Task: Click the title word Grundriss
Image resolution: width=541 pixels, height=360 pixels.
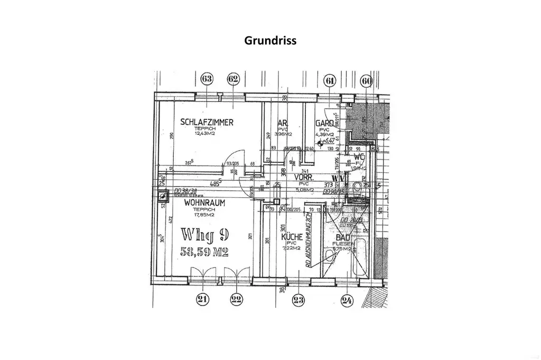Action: tap(270, 40)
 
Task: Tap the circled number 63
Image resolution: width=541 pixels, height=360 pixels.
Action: tap(207, 80)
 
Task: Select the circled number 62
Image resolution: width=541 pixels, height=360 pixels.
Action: tap(232, 80)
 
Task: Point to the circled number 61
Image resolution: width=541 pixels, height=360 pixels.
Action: tap(330, 81)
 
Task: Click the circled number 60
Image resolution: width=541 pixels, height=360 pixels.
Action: tap(366, 81)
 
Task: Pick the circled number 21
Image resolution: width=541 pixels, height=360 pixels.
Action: tap(202, 300)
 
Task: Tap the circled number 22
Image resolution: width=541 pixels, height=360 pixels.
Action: tap(236, 300)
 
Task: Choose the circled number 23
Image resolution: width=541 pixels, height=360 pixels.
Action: tap(299, 300)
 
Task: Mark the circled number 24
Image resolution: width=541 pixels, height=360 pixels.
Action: tap(347, 300)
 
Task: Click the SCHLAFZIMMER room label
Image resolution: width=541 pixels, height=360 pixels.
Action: tap(207, 122)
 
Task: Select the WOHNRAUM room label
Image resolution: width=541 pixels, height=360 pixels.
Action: tap(205, 202)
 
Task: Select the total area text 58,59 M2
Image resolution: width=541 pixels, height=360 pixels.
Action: tap(204, 253)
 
